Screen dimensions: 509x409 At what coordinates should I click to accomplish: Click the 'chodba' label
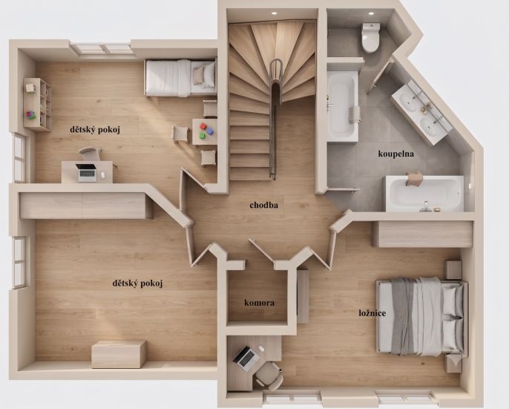(x=263, y=205)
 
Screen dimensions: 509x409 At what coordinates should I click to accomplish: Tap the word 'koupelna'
(x=395, y=154)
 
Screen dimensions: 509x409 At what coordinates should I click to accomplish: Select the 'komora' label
(x=259, y=303)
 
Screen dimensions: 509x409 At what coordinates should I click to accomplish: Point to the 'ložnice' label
(x=372, y=313)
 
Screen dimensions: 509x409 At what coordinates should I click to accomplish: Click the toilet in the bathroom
(x=370, y=37)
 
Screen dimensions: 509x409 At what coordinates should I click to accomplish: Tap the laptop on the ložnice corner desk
(x=245, y=358)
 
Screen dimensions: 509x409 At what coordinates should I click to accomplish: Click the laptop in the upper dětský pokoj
(x=87, y=172)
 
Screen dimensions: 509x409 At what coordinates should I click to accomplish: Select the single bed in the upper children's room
(x=180, y=78)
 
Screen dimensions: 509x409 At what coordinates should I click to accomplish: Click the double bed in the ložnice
(x=421, y=316)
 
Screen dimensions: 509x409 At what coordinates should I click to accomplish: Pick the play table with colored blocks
(x=205, y=131)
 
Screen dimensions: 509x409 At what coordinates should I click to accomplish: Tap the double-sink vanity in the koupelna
(x=421, y=112)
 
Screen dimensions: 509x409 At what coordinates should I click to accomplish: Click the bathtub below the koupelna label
(x=424, y=194)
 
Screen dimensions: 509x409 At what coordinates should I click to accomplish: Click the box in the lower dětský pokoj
(x=119, y=354)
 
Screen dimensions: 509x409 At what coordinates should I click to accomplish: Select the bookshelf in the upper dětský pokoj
(x=37, y=104)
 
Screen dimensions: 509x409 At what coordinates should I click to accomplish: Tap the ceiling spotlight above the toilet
(x=371, y=13)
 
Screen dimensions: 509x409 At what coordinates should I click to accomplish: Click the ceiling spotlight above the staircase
(x=274, y=13)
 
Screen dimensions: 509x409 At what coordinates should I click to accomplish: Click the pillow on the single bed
(x=199, y=76)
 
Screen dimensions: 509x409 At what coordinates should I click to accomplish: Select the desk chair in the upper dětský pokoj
(x=91, y=154)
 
